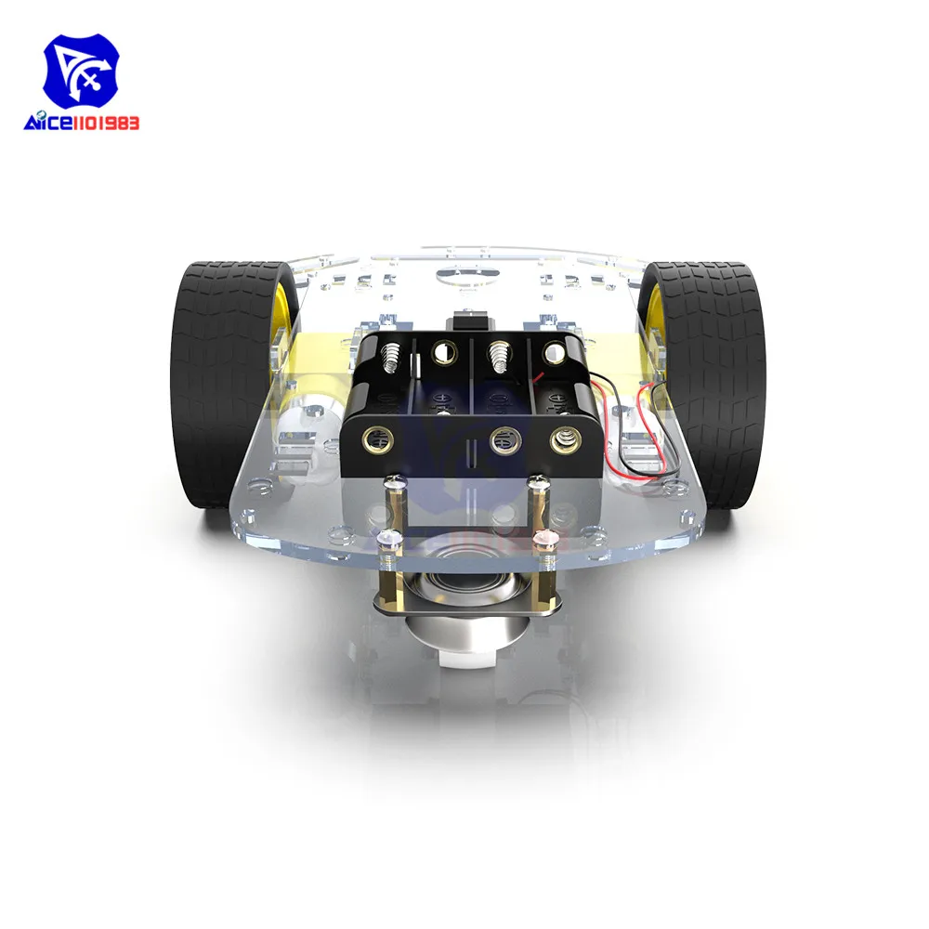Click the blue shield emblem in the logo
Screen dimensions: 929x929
click(x=81, y=74)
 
